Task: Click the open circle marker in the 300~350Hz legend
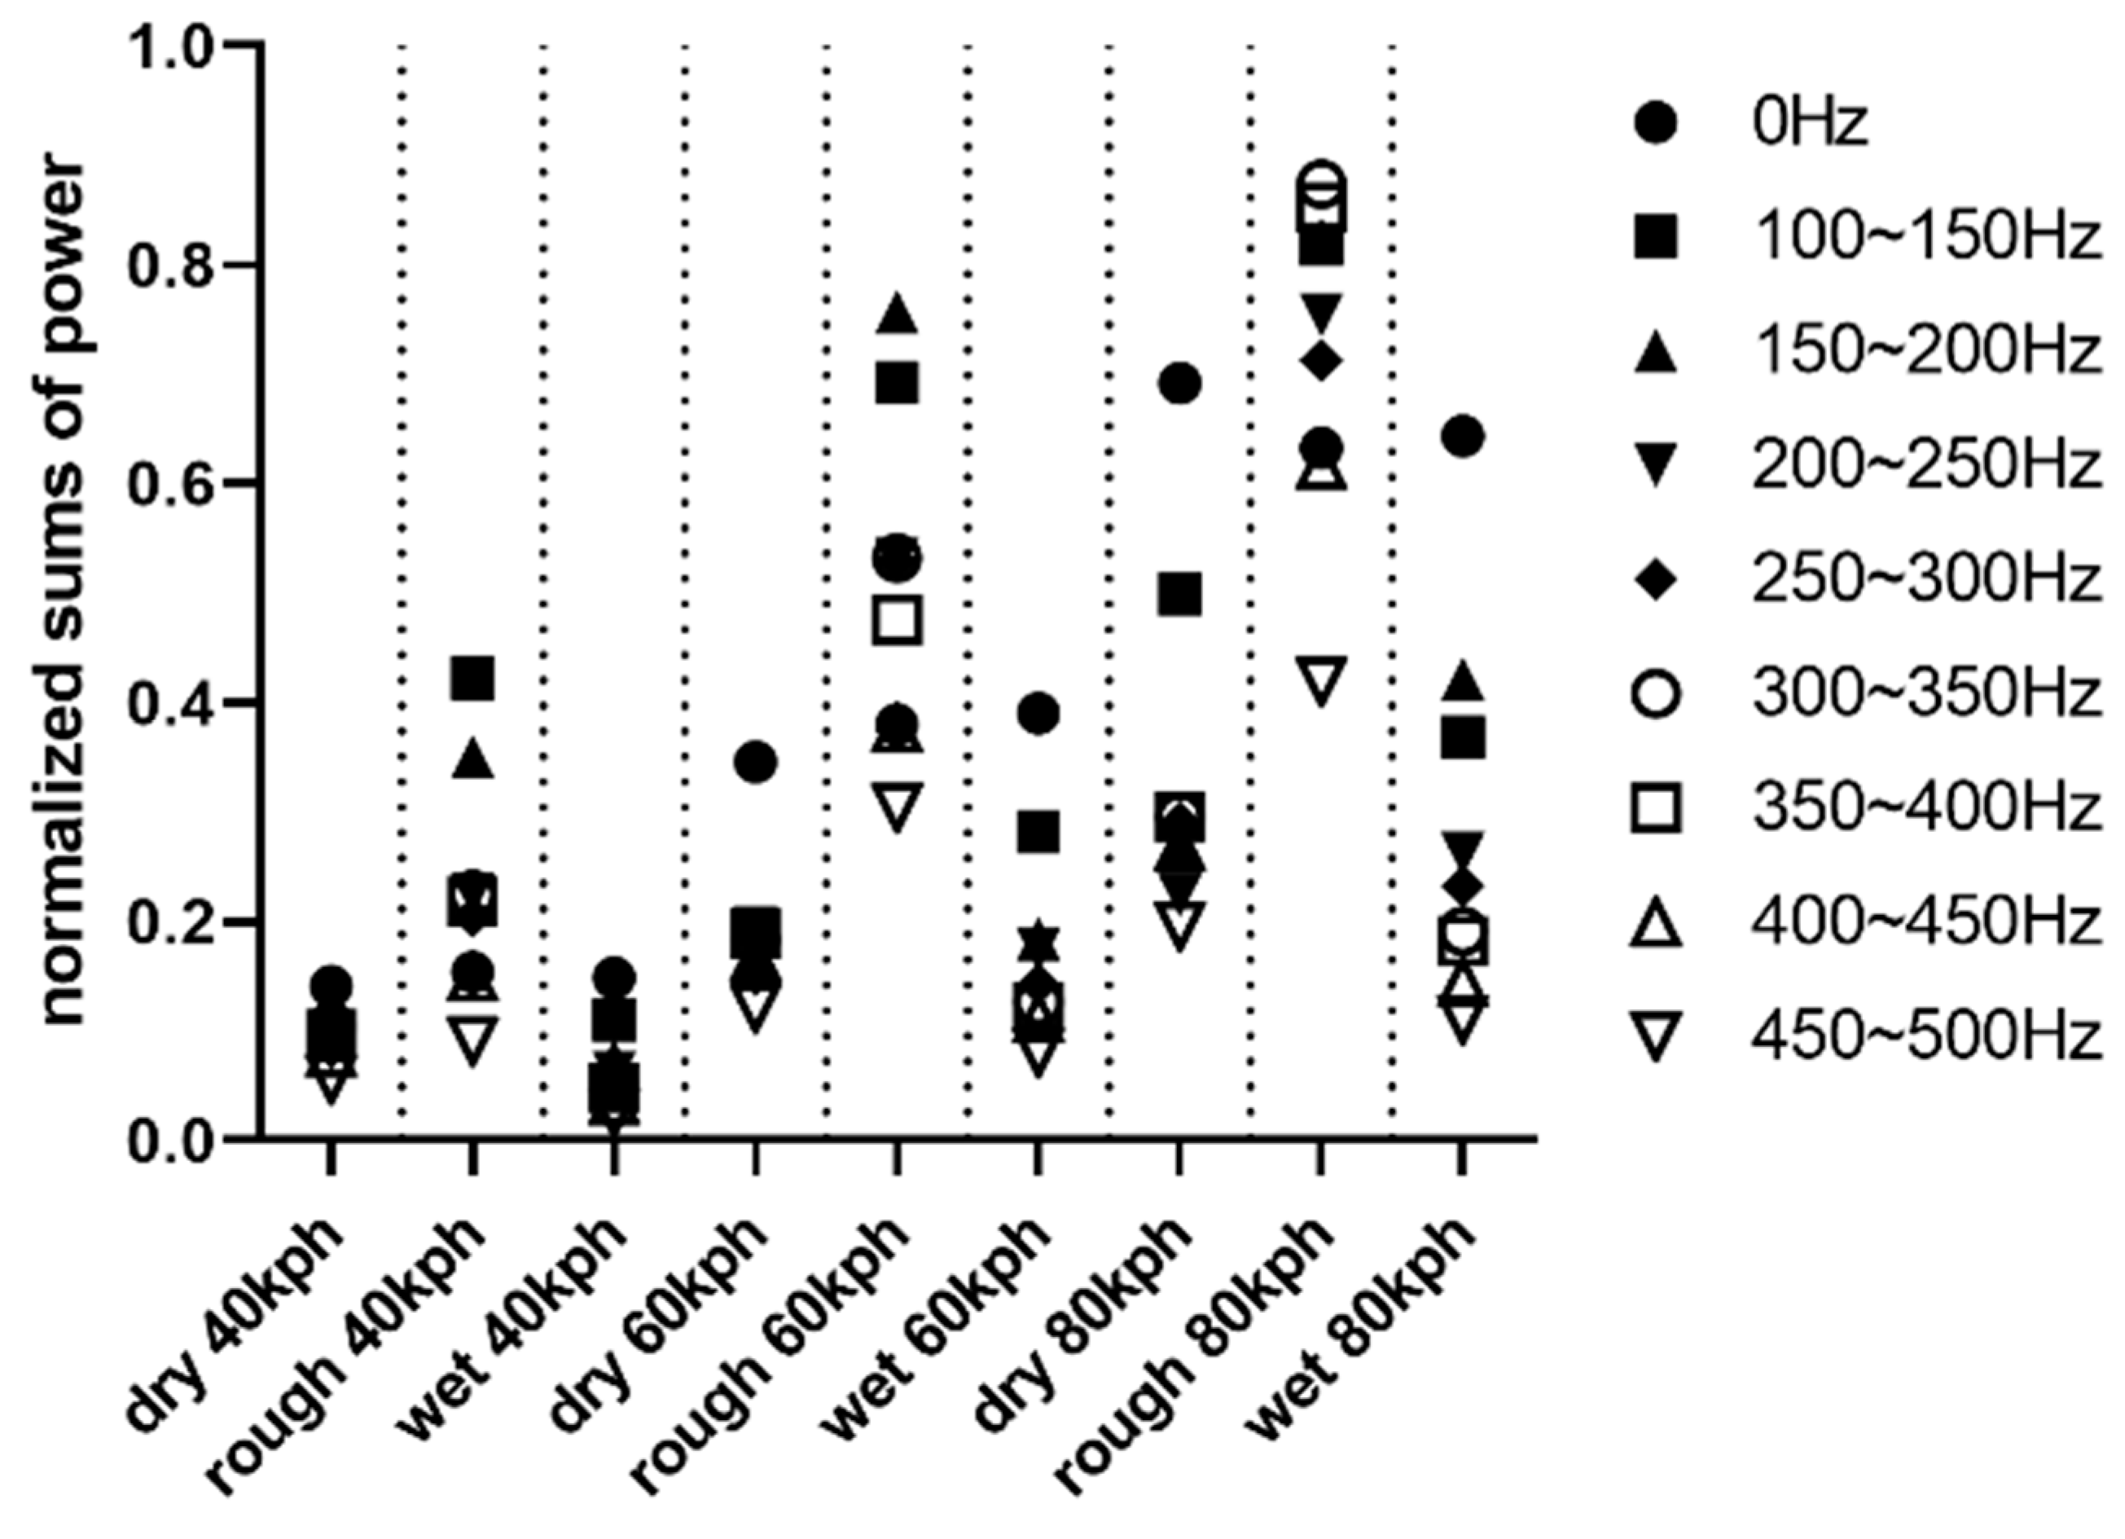(x=1656, y=694)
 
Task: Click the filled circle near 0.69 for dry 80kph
(x=1179, y=382)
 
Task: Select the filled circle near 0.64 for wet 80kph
(x=1464, y=437)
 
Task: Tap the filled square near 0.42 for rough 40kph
(x=472, y=678)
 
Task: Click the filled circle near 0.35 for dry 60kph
(x=755, y=762)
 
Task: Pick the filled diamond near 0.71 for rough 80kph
(x=1322, y=360)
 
